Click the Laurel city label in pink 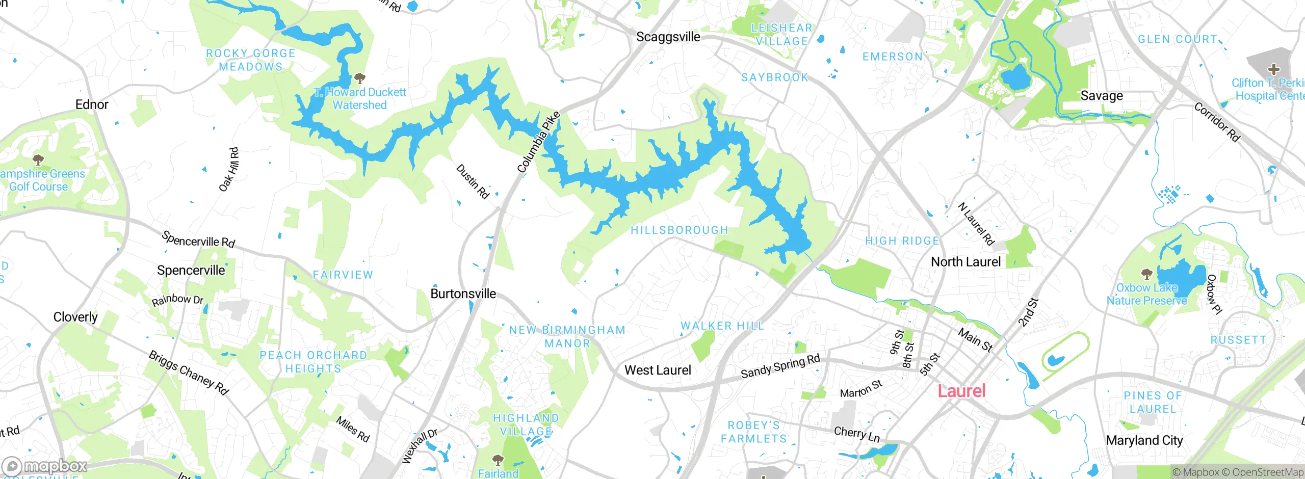[x=961, y=391]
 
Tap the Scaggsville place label [x=668, y=37]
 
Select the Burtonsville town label [x=463, y=294]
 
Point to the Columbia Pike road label [x=538, y=142]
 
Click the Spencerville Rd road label [x=198, y=240]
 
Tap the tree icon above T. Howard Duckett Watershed [x=360, y=78]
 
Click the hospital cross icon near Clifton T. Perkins [x=1273, y=69]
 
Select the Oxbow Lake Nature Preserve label [x=1146, y=294]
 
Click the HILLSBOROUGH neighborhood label [x=679, y=230]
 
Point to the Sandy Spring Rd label [x=780, y=366]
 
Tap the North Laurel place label [x=965, y=262]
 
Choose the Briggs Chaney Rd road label [x=189, y=372]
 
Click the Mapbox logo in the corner [x=45, y=466]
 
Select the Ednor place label [x=92, y=104]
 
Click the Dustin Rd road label [x=473, y=181]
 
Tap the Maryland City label [x=1144, y=440]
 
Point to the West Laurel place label [x=658, y=370]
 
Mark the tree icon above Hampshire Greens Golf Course [x=38, y=160]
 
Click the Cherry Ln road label [x=856, y=434]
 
